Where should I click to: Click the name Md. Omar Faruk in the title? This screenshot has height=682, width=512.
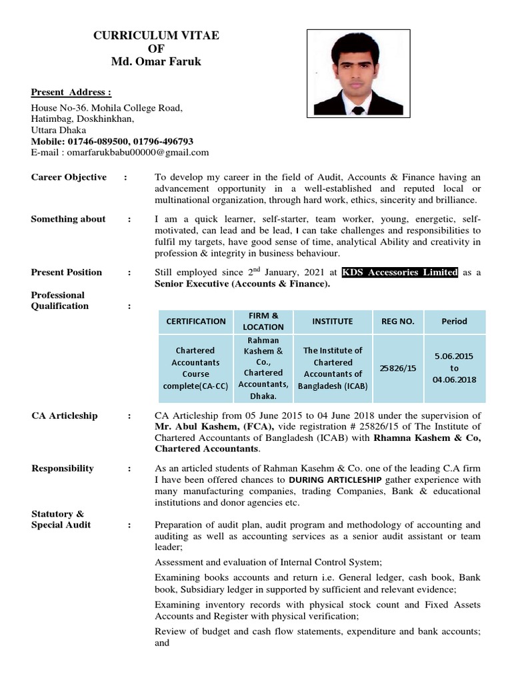pos(156,62)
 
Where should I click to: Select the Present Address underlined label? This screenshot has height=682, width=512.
pos(71,92)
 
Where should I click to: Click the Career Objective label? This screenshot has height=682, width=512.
pos(69,177)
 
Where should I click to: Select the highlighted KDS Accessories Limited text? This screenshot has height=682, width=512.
pos(399,272)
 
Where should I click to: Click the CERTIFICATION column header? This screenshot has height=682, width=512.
pos(195,321)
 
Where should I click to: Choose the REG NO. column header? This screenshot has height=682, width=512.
pos(397,321)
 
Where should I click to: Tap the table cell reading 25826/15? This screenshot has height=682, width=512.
pos(397,368)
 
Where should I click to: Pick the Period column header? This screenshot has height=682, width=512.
pos(454,321)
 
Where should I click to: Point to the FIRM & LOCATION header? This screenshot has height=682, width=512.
pos(263,321)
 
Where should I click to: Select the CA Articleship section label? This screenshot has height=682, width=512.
pos(64,416)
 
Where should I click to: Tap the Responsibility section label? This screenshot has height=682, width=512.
pos(63,468)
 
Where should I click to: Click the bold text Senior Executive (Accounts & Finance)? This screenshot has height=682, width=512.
pos(242,284)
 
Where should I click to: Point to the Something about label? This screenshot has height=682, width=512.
pos(68,219)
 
